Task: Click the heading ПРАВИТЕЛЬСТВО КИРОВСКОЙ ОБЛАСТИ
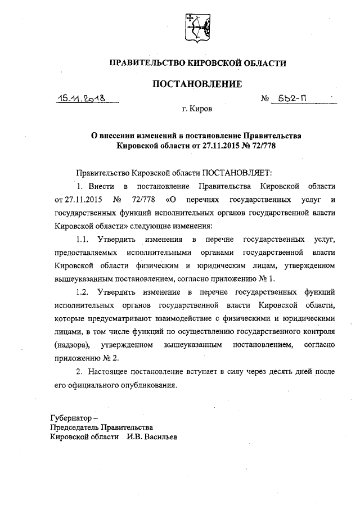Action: [x=197, y=64]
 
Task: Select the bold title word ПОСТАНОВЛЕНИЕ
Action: [x=197, y=84]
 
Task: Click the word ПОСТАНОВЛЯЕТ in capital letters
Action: [x=237, y=172]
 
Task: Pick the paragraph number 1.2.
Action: [x=84, y=292]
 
